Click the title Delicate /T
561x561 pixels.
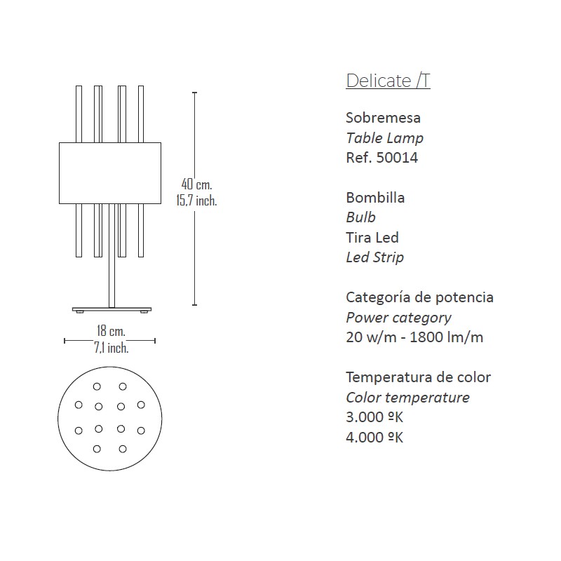[x=388, y=81]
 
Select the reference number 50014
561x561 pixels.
[x=397, y=158]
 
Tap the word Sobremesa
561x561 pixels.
[x=383, y=118]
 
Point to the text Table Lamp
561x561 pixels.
[x=384, y=138]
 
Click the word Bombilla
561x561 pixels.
[x=375, y=198]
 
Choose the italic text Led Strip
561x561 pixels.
[x=375, y=257]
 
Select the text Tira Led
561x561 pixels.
[x=372, y=238]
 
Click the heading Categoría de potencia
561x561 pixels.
[x=419, y=297]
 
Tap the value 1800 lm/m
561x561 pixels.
[x=446, y=337]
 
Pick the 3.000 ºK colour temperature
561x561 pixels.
[x=374, y=417]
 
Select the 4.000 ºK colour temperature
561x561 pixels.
[x=374, y=437]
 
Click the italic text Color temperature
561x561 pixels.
[x=408, y=398]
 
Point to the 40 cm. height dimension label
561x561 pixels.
[x=197, y=184]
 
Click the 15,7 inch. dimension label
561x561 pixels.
[x=196, y=201]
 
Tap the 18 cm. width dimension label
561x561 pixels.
[x=111, y=331]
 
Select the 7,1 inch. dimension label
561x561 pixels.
[x=111, y=347]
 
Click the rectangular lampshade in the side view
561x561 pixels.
[x=110, y=173]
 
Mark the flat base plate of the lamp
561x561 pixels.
[x=112, y=309]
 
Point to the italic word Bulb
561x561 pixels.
[x=360, y=217]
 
